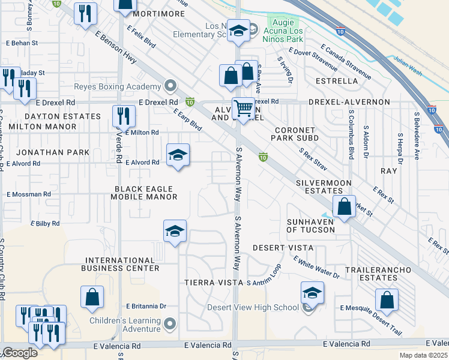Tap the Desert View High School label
[x=253, y=308]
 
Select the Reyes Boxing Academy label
[x=119, y=86]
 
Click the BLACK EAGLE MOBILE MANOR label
[x=146, y=193]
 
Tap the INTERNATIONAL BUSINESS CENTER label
[x=122, y=264]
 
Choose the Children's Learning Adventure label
[x=125, y=325]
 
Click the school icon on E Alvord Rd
[x=178, y=155]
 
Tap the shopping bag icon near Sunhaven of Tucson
[x=345, y=207]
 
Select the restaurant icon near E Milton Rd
[x=124, y=116]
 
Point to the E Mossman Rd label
[x=29, y=194]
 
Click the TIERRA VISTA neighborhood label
[x=214, y=282]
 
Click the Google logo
[x=20, y=353]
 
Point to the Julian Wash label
[x=408, y=59]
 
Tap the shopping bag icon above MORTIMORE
[x=124, y=5]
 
